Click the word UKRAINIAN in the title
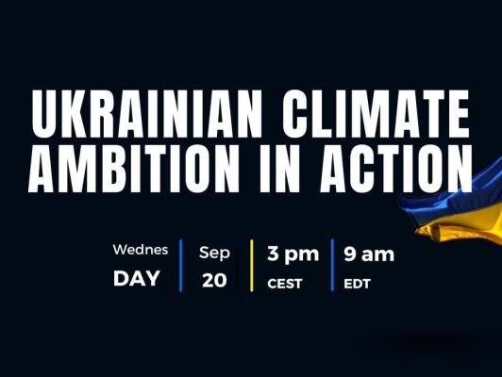[146, 113]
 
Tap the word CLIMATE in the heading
[376, 113]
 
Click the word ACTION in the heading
[396, 169]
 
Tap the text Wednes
[141, 250]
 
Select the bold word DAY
[137, 278]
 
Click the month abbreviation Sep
[214, 254]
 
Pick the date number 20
[214, 280]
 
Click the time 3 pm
[293, 254]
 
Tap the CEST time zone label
[285, 284]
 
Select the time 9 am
[369, 254]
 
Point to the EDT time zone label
[357, 284]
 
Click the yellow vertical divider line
[252, 266]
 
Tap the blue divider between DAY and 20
[181, 266]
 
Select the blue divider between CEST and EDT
[333, 265]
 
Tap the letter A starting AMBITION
[41, 169]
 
